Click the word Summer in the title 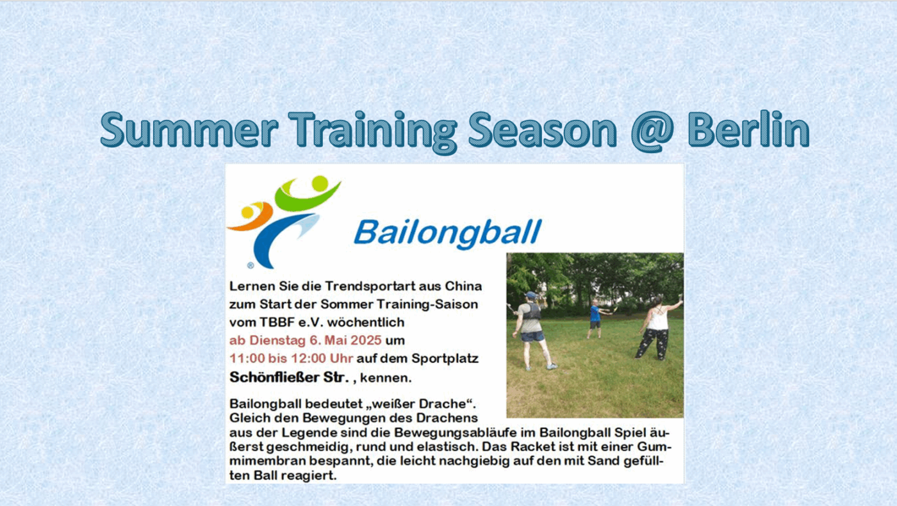(189, 129)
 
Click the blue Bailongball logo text (448, 233)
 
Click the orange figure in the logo (251, 216)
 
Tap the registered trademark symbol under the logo (251, 265)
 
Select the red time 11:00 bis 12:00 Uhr (291, 358)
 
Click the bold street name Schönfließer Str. (289, 377)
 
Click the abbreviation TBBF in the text (277, 322)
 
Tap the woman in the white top (657, 327)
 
